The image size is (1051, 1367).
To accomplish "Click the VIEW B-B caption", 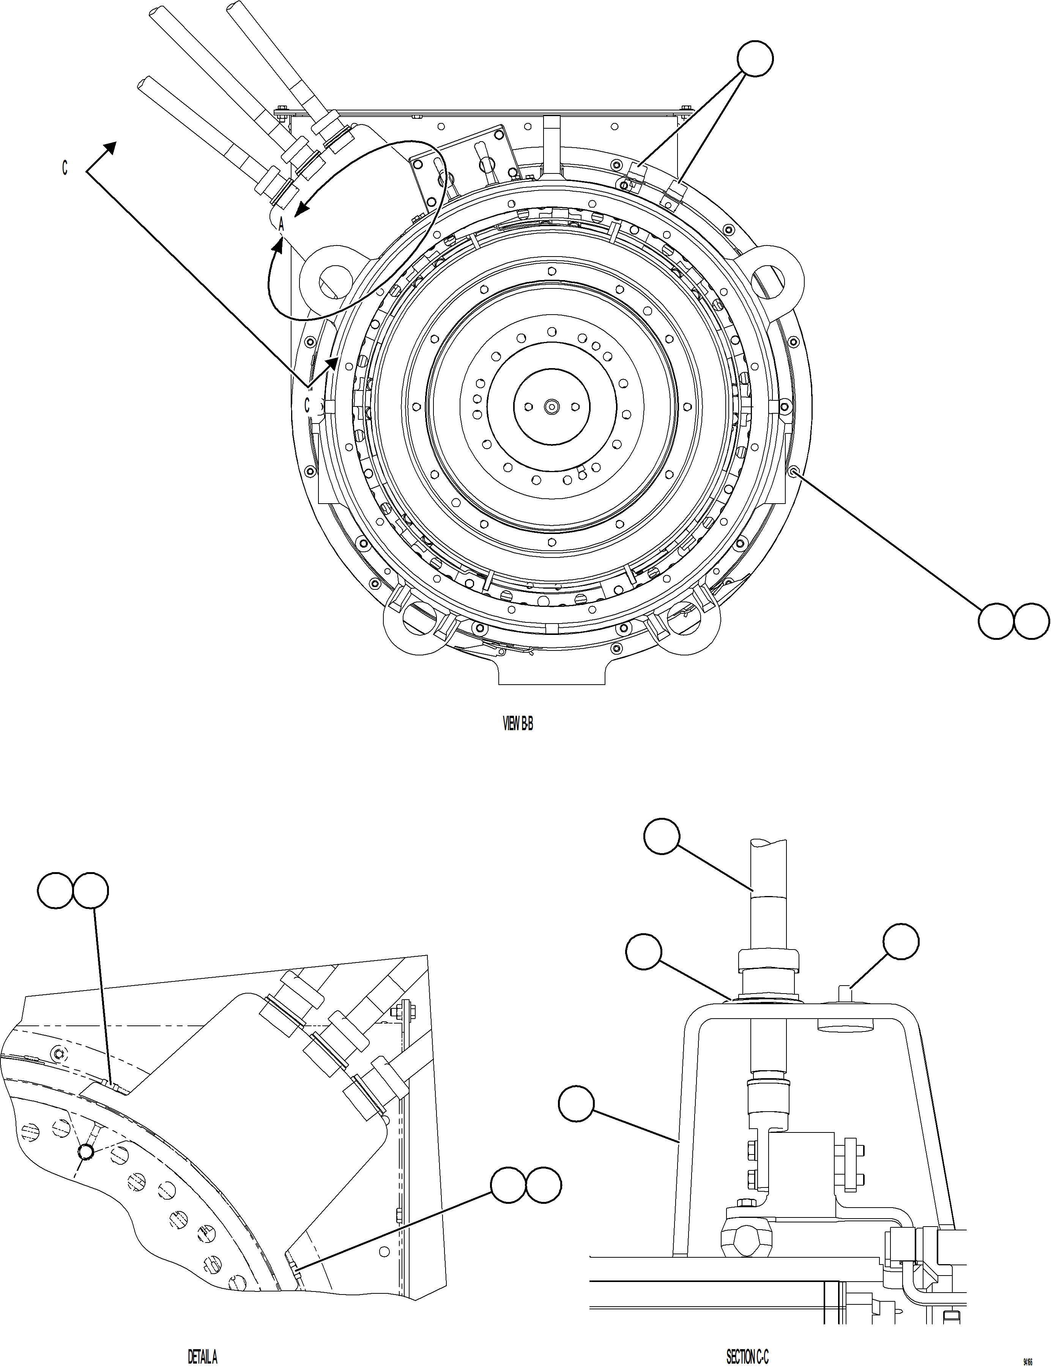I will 518,724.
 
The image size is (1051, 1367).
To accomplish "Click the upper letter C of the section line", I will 65,168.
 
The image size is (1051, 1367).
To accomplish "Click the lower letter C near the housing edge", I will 307,405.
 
